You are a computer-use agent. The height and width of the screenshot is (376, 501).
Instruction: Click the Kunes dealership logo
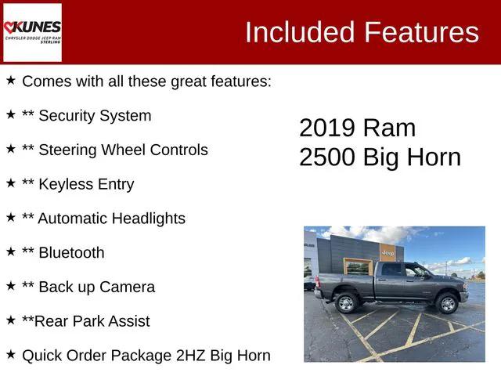33,32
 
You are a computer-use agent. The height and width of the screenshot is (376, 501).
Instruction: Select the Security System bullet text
94,116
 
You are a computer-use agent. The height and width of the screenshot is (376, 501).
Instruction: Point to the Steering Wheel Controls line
122,150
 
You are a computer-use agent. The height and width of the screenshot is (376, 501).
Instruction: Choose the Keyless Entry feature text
85,184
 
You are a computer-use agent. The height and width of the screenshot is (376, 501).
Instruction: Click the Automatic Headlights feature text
111,219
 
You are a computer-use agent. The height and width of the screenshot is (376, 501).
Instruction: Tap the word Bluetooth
70,253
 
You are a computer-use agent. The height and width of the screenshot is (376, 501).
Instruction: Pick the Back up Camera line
96,287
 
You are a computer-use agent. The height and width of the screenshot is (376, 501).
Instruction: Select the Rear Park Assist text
93,321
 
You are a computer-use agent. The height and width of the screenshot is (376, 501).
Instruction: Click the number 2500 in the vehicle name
327,157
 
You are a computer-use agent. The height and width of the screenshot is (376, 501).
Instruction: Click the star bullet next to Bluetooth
10,251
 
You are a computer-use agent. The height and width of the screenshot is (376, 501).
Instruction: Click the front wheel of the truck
448,304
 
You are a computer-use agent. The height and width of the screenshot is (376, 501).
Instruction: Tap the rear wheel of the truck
347,303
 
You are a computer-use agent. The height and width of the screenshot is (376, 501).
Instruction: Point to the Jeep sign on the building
387,252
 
